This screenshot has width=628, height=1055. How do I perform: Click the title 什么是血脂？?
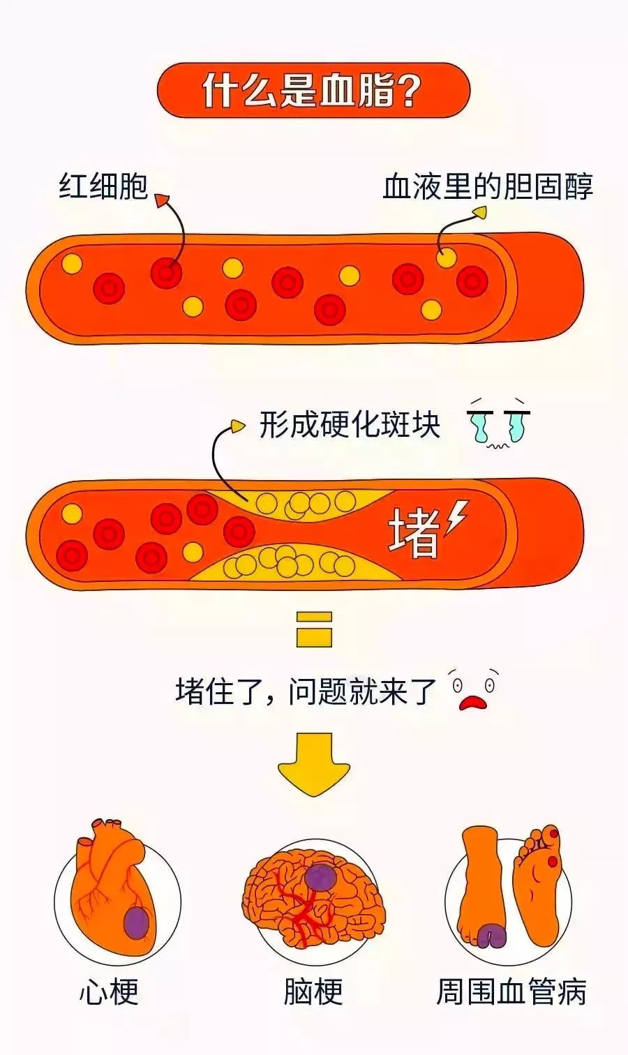313,90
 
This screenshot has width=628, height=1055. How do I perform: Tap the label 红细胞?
103,186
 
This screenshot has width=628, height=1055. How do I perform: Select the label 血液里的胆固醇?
488,186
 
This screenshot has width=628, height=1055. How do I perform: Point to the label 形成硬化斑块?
350,424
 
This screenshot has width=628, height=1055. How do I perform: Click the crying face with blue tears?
497,424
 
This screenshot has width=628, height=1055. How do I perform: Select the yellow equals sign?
314,629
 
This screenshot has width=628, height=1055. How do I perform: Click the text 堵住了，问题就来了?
306,691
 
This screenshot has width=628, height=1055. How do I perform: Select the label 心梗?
109,992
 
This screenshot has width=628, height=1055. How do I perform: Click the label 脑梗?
313,992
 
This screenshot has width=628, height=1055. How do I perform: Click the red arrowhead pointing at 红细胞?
161,201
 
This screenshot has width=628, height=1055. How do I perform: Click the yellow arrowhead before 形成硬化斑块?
238,424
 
